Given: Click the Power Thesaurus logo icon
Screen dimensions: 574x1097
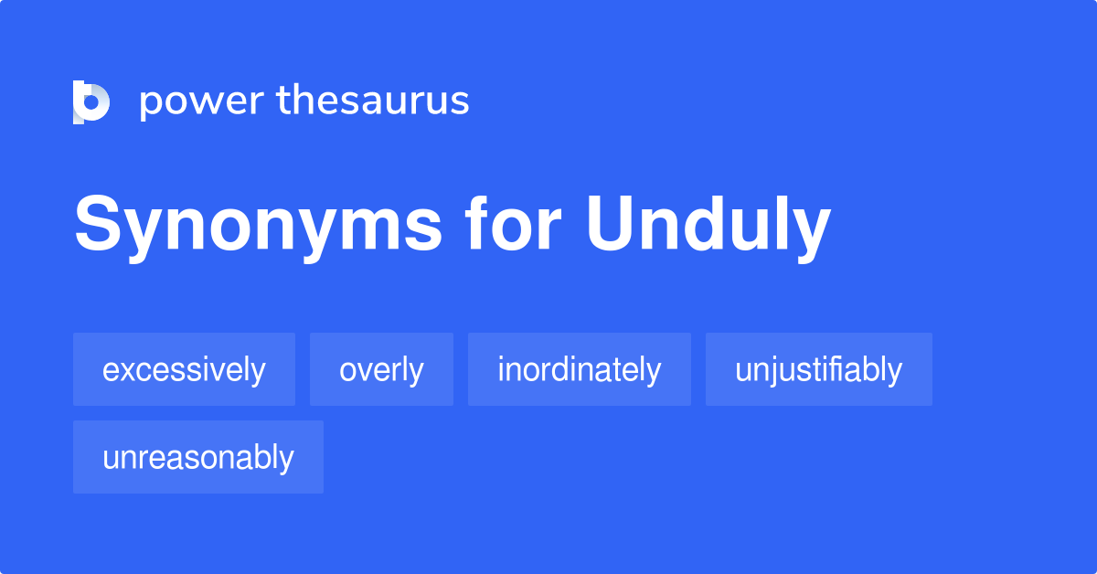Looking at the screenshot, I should point(91,101).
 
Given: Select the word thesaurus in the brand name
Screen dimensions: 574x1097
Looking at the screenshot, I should point(373,101).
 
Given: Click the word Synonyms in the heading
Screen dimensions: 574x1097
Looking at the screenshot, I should point(259,226).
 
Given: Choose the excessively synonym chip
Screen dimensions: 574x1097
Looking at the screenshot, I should point(184,370).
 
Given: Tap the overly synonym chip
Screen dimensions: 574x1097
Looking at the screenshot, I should point(381,370).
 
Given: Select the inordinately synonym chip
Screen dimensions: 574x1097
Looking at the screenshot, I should point(579,370).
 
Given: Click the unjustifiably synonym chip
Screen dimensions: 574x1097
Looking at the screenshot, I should point(818,370).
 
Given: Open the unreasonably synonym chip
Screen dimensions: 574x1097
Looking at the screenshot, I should point(197,457).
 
